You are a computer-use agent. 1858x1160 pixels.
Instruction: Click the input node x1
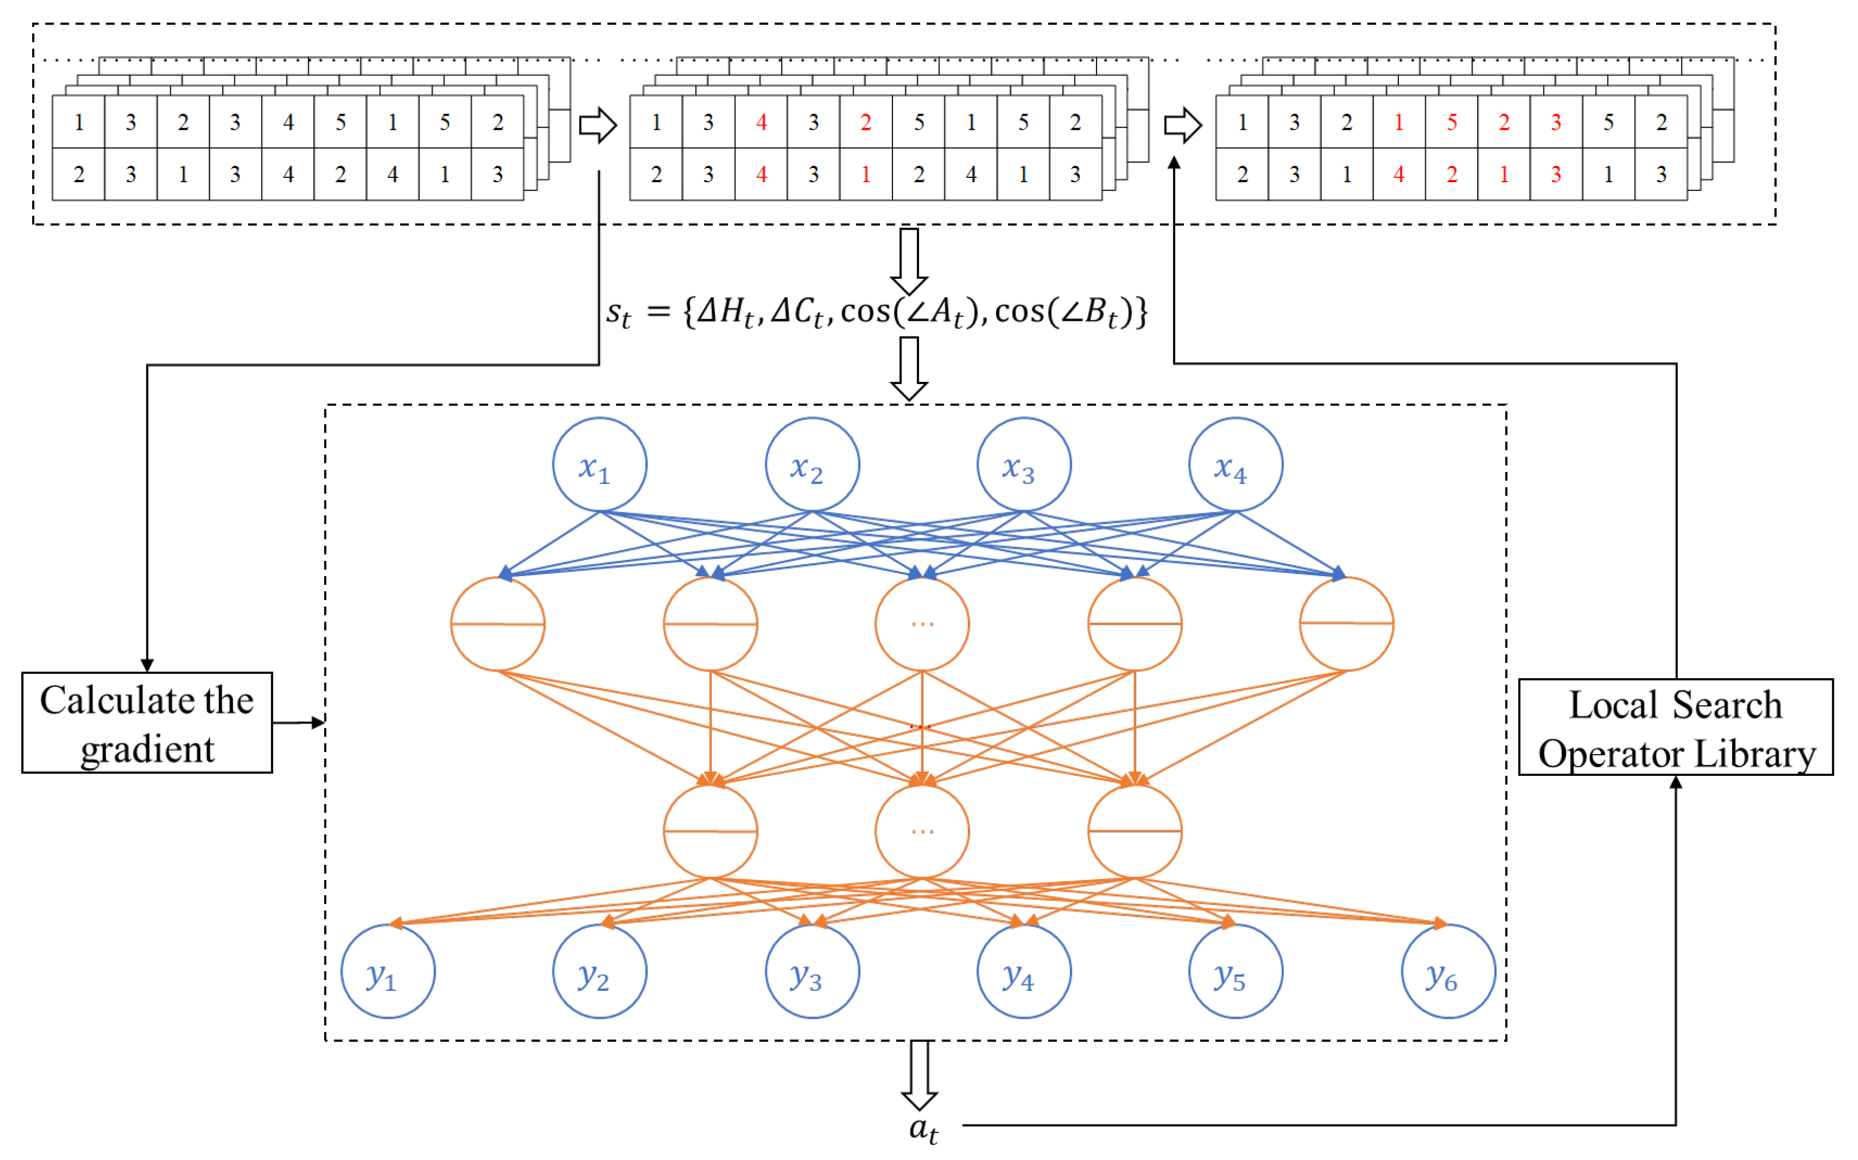pyautogui.click(x=599, y=465)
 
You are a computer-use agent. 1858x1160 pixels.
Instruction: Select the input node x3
pyautogui.click(x=1024, y=465)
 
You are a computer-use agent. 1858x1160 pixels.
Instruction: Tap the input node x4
pyautogui.click(x=1236, y=465)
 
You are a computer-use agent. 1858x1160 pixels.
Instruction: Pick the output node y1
pyautogui.click(x=388, y=971)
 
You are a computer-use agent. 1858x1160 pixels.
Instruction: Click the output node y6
pyautogui.click(x=1448, y=971)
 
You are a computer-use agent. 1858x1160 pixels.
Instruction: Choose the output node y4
pyautogui.click(x=1024, y=971)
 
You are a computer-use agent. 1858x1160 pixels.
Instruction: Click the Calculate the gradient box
pyautogui.click(x=147, y=723)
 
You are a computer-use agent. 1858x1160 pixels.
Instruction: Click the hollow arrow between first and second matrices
pyautogui.click(x=597, y=125)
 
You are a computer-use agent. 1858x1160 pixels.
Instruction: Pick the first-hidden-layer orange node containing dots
pyautogui.click(x=922, y=624)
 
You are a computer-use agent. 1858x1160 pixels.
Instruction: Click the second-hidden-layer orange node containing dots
pyautogui.click(x=922, y=831)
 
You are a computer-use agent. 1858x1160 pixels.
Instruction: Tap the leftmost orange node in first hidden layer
pyautogui.click(x=497, y=624)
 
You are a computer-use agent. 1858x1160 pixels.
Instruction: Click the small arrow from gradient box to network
pyautogui.click(x=299, y=723)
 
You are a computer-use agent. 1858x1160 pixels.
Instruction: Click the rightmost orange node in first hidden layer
pyautogui.click(x=1346, y=624)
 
